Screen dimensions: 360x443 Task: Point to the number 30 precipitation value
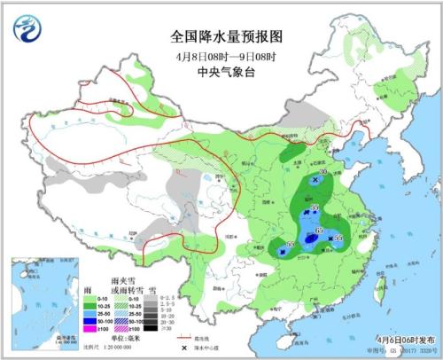323,172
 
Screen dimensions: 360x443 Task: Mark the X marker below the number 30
315,180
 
